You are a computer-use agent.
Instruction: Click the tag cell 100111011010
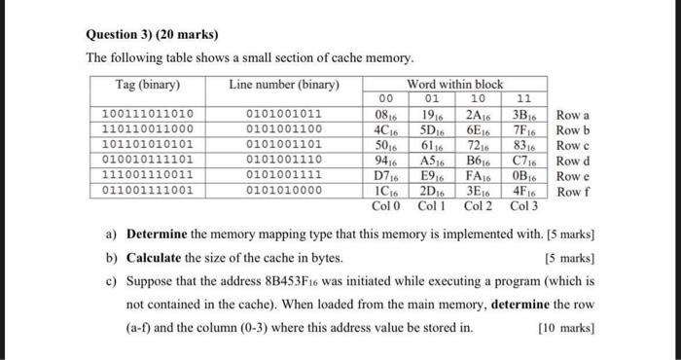148,114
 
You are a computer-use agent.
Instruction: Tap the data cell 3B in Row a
526,114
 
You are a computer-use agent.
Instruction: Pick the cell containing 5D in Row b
432,128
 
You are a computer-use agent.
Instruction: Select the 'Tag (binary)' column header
148,85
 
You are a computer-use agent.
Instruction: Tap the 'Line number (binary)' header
284,85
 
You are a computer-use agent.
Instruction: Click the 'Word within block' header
456,85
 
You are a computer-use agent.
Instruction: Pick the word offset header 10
479,98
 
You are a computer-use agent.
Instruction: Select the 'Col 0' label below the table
386,205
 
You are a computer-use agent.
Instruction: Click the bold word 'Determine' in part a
162,235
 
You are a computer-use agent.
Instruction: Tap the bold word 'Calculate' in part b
159,258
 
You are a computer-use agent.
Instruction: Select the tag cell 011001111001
148,190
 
